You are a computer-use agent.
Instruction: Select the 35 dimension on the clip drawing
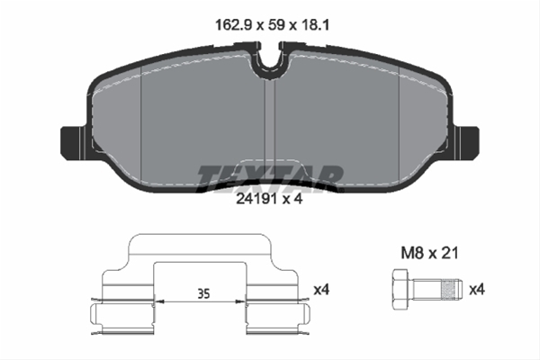tap(203, 292)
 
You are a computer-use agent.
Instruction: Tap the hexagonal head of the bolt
tap(401, 289)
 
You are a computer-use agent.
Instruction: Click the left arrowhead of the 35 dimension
tap(159, 302)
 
